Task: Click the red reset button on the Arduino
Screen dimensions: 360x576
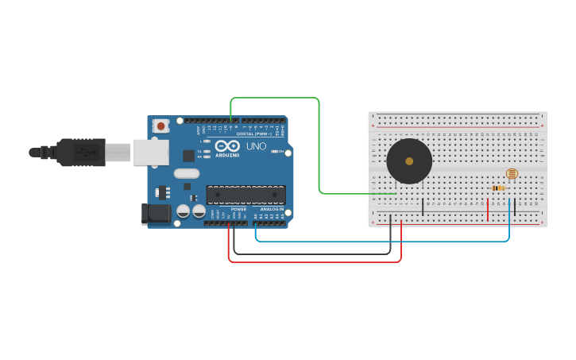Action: pyautogui.click(x=161, y=126)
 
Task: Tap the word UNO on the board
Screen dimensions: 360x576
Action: pyautogui.click(x=256, y=146)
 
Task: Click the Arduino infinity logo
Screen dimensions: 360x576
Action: pyautogui.click(x=227, y=146)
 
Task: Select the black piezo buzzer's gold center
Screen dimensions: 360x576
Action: pyautogui.click(x=409, y=161)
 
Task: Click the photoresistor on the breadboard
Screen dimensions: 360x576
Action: pyautogui.click(x=512, y=173)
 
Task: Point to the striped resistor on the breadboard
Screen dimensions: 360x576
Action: pyautogui.click(x=499, y=188)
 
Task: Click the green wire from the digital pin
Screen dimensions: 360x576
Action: pyautogui.click(x=319, y=143)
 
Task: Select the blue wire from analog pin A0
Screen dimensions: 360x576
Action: pyautogui.click(x=381, y=241)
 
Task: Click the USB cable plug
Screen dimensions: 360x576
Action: pyautogui.click(x=79, y=152)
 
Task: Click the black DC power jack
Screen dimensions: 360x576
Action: pyautogui.click(x=156, y=214)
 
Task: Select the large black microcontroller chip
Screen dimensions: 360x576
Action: pyautogui.click(x=245, y=195)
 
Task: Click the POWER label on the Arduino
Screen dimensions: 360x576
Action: pyautogui.click(x=238, y=209)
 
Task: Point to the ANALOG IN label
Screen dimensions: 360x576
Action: pyautogui.click(x=271, y=209)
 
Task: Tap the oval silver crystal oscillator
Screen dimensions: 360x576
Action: pyautogui.click(x=186, y=173)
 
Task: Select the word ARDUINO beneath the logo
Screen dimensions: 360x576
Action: pyautogui.click(x=227, y=156)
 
